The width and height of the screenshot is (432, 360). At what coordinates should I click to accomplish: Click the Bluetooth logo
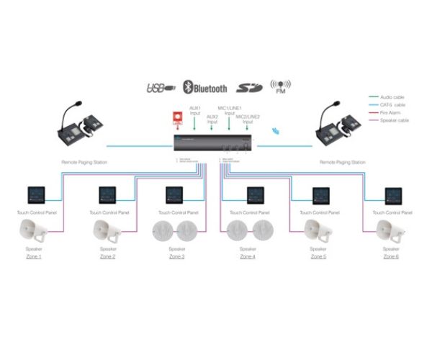coord(205,88)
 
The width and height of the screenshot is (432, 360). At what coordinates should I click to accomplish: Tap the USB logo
coord(161,89)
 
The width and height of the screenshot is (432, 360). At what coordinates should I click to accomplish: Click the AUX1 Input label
coord(195,111)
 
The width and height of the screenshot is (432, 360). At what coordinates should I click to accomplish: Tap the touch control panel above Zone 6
coord(393,194)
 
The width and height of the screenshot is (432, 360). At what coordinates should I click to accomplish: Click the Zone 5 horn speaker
coord(319,230)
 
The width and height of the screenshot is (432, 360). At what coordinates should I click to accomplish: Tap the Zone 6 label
coord(392,256)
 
